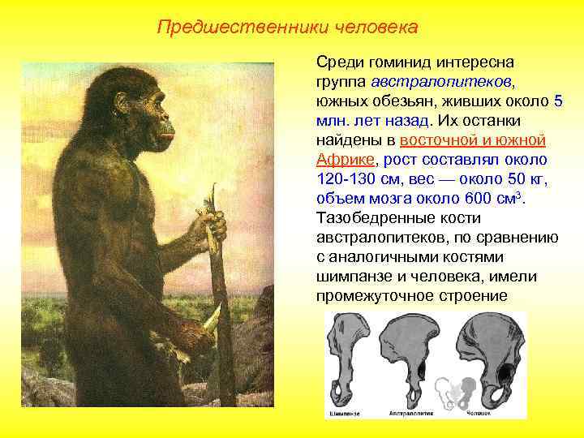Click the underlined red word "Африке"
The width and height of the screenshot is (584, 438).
[x=346, y=160]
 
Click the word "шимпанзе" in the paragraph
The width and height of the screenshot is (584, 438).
[x=351, y=277]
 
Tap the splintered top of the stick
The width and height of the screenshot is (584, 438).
[x=213, y=195]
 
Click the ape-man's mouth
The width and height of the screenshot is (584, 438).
[x=165, y=139]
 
